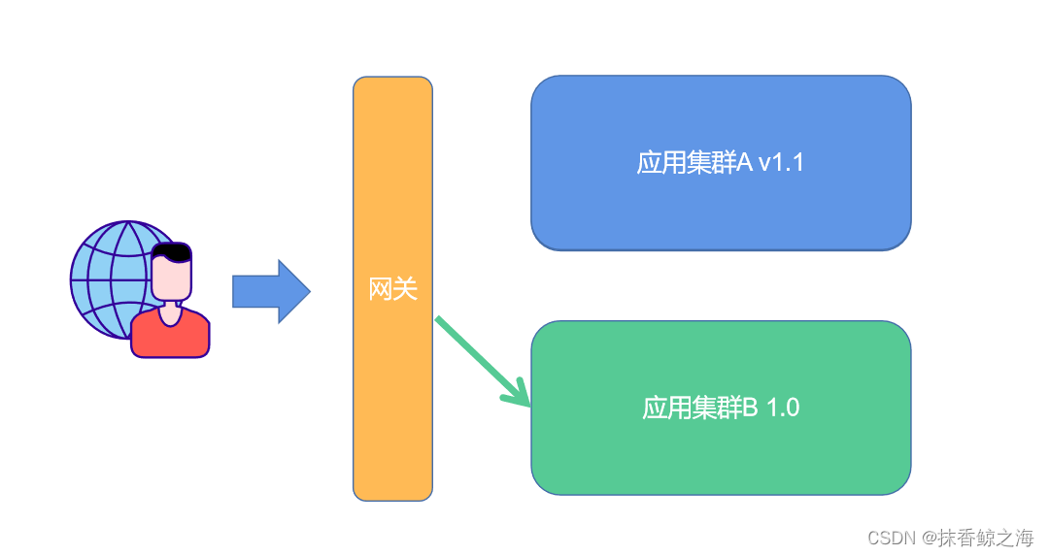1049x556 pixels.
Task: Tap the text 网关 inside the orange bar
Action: point(392,289)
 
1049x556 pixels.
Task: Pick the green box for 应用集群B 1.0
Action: point(721,456)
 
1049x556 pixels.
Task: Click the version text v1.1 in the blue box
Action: point(781,163)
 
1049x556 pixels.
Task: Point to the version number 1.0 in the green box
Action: point(783,409)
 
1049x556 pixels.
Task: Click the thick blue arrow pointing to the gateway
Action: point(270,291)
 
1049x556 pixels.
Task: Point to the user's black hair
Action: point(172,252)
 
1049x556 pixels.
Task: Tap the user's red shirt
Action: point(170,337)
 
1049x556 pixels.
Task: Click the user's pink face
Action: point(171,281)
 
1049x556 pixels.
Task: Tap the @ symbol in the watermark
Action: point(929,538)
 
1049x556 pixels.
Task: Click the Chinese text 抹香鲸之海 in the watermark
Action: point(986,538)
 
